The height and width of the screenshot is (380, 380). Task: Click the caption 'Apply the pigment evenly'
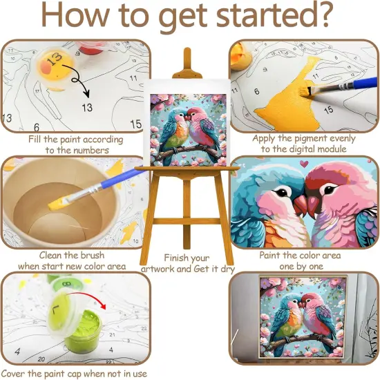(x=303, y=139)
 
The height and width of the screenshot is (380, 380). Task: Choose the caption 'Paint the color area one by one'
(x=303, y=260)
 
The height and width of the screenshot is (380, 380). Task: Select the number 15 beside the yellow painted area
(x=328, y=110)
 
